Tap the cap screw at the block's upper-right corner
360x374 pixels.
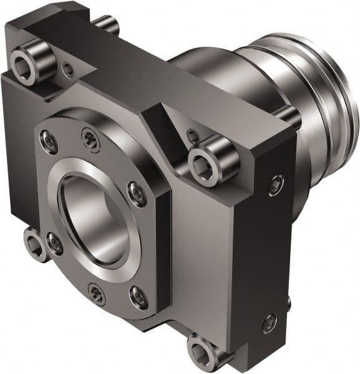point(207,160)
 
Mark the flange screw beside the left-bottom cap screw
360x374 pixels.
point(54,243)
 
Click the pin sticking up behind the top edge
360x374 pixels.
point(107,24)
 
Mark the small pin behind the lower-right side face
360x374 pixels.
point(289,302)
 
